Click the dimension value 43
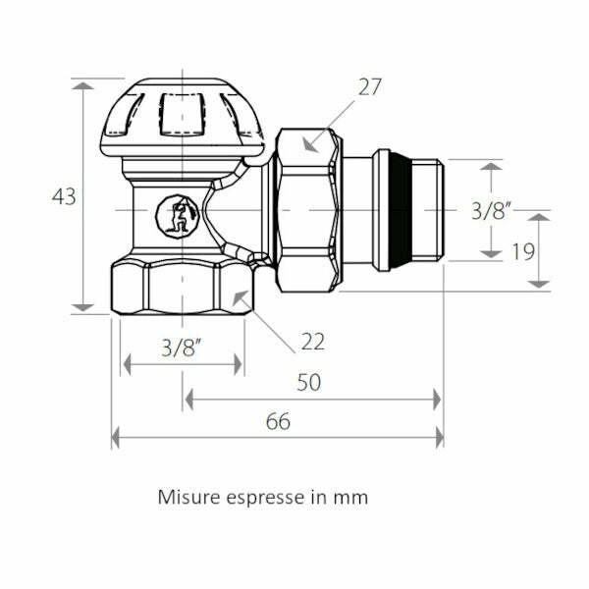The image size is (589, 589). coord(64,196)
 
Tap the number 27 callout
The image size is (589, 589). coord(370,87)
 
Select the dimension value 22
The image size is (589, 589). coord(312,342)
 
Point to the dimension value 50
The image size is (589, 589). coord(309,383)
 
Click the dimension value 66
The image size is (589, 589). coord(278,421)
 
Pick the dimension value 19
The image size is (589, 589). coord(523,251)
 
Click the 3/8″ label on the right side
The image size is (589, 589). coord(491,211)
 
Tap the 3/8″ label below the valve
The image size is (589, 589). coord(182,348)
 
